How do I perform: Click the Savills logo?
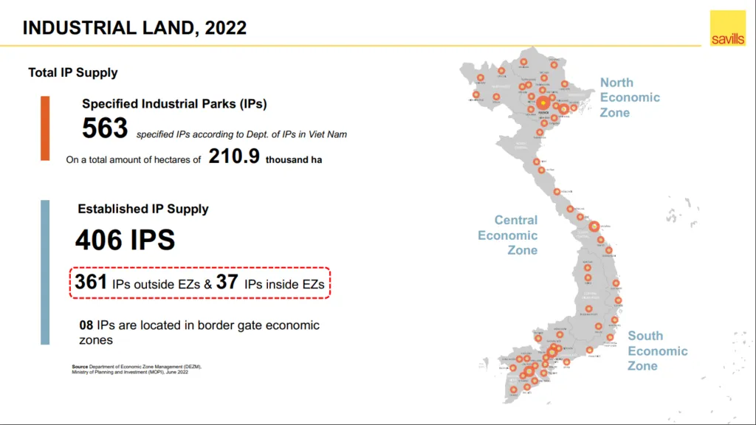point(727,29)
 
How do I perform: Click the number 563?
point(105,128)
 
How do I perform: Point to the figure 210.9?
point(234,156)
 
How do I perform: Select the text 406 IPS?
point(125,240)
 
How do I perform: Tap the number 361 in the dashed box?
point(92,282)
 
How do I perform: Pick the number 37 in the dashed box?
point(226,282)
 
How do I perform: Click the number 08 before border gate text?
point(86,325)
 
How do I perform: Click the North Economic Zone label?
point(629,97)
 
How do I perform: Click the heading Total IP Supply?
point(73,72)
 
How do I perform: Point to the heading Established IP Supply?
point(143,209)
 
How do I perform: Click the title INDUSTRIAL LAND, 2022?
point(135,28)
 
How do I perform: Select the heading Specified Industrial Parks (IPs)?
point(174,104)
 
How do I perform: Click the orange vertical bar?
point(45,128)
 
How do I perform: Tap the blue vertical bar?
point(45,272)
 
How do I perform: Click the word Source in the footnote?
point(80,367)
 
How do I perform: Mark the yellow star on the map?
point(543,104)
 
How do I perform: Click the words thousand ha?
point(294,159)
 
